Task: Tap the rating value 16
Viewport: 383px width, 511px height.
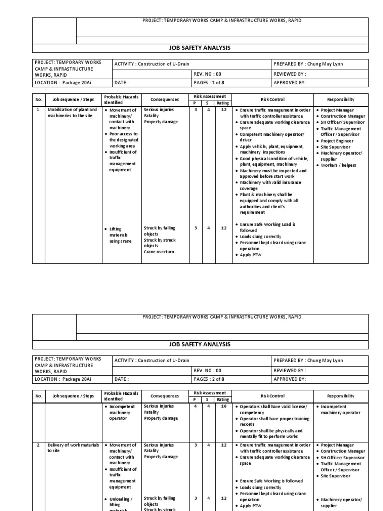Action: pyautogui.click(x=224, y=407)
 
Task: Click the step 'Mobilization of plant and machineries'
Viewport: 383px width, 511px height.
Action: pyautogui.click(x=72, y=113)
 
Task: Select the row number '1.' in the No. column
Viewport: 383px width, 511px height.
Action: pyautogui.click(x=38, y=110)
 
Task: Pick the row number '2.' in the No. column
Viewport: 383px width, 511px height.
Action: pyautogui.click(x=38, y=445)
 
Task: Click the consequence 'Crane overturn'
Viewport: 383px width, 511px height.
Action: pyautogui.click(x=159, y=252)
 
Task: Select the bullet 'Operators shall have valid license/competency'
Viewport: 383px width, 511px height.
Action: pyautogui.click(x=273, y=410)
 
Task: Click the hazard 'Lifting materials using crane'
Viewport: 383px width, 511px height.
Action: pyautogui.click(x=119, y=235)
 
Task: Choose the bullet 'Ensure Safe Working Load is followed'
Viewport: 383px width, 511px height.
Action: pyautogui.click(x=267, y=227)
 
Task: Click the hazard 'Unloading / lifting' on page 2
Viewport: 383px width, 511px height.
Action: pyautogui.click(x=120, y=502)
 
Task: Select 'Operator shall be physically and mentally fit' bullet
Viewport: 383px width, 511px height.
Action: pyautogui.click(x=275, y=433)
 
